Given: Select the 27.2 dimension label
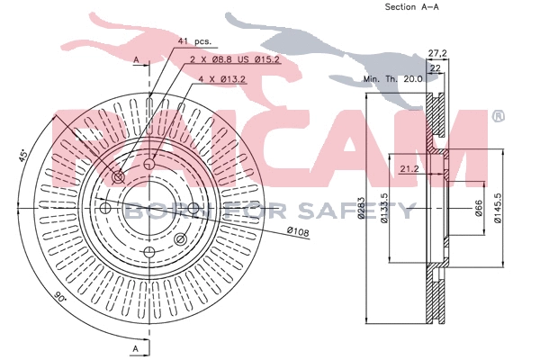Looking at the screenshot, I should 437,53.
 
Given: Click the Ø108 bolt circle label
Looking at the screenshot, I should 298,233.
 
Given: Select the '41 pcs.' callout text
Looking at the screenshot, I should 195,40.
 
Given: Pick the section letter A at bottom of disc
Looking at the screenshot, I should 135,347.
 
